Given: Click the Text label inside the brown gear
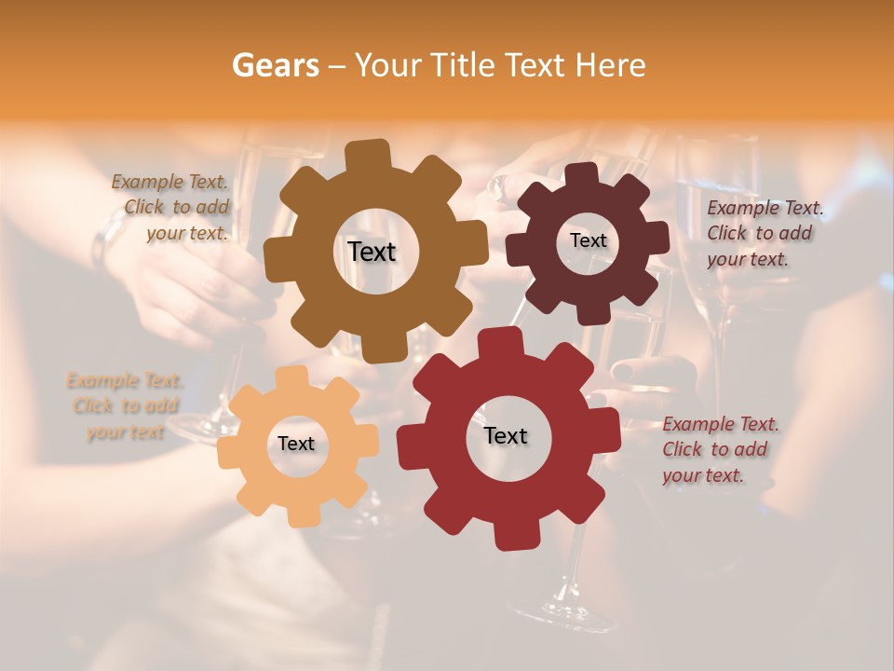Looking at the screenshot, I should (372, 252).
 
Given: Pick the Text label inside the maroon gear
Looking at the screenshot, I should (588, 240).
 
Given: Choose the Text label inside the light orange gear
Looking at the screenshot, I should (296, 444).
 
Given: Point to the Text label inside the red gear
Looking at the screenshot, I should (506, 435).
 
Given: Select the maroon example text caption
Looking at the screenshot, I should (764, 234).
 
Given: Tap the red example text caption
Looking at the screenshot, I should (719, 449).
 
